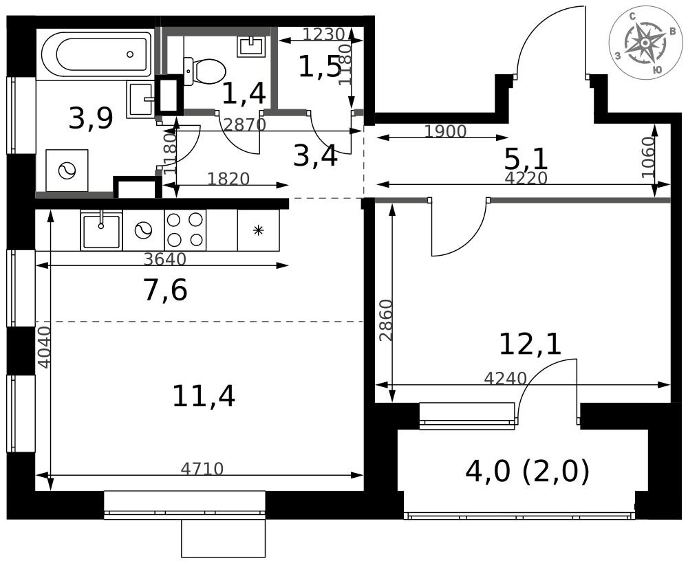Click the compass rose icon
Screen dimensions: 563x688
point(645,43)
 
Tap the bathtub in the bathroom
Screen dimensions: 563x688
point(96,54)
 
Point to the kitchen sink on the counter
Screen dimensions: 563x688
point(101,230)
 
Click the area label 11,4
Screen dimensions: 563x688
point(203,397)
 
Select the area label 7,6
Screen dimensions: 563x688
point(165,291)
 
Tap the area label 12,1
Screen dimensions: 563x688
point(530,344)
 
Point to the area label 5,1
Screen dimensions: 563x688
point(526,159)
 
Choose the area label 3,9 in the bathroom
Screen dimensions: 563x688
point(91,120)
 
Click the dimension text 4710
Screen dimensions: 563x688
point(202,470)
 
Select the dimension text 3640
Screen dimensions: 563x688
point(165,259)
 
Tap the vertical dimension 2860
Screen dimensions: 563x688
point(386,320)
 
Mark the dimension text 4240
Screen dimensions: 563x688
point(505,378)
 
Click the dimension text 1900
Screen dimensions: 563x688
point(445,132)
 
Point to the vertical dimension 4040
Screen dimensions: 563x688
point(44,347)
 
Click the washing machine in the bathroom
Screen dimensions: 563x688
point(67,170)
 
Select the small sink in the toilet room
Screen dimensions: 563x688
point(251,45)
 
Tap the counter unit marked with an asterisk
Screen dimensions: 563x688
point(258,230)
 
